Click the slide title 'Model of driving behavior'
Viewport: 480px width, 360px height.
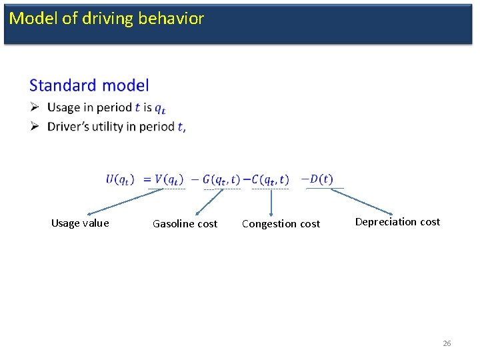tap(107, 19)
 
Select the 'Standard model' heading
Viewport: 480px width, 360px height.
tap(89, 85)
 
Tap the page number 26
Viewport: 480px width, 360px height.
tap(447, 343)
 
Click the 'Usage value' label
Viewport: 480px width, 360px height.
tap(80, 223)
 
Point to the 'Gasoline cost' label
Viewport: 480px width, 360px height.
tap(185, 224)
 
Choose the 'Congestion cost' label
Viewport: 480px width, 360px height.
tap(281, 224)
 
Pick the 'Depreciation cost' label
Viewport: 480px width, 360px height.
tap(397, 222)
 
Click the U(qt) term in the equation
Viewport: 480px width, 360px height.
tap(120, 179)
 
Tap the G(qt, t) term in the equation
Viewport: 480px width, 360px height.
tap(221, 179)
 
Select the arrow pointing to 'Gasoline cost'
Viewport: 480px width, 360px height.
tap(209, 201)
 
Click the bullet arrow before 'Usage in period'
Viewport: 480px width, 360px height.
tap(35, 107)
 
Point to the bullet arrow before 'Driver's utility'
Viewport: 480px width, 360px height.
tap(35, 127)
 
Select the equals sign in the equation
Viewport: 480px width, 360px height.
tap(147, 179)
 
